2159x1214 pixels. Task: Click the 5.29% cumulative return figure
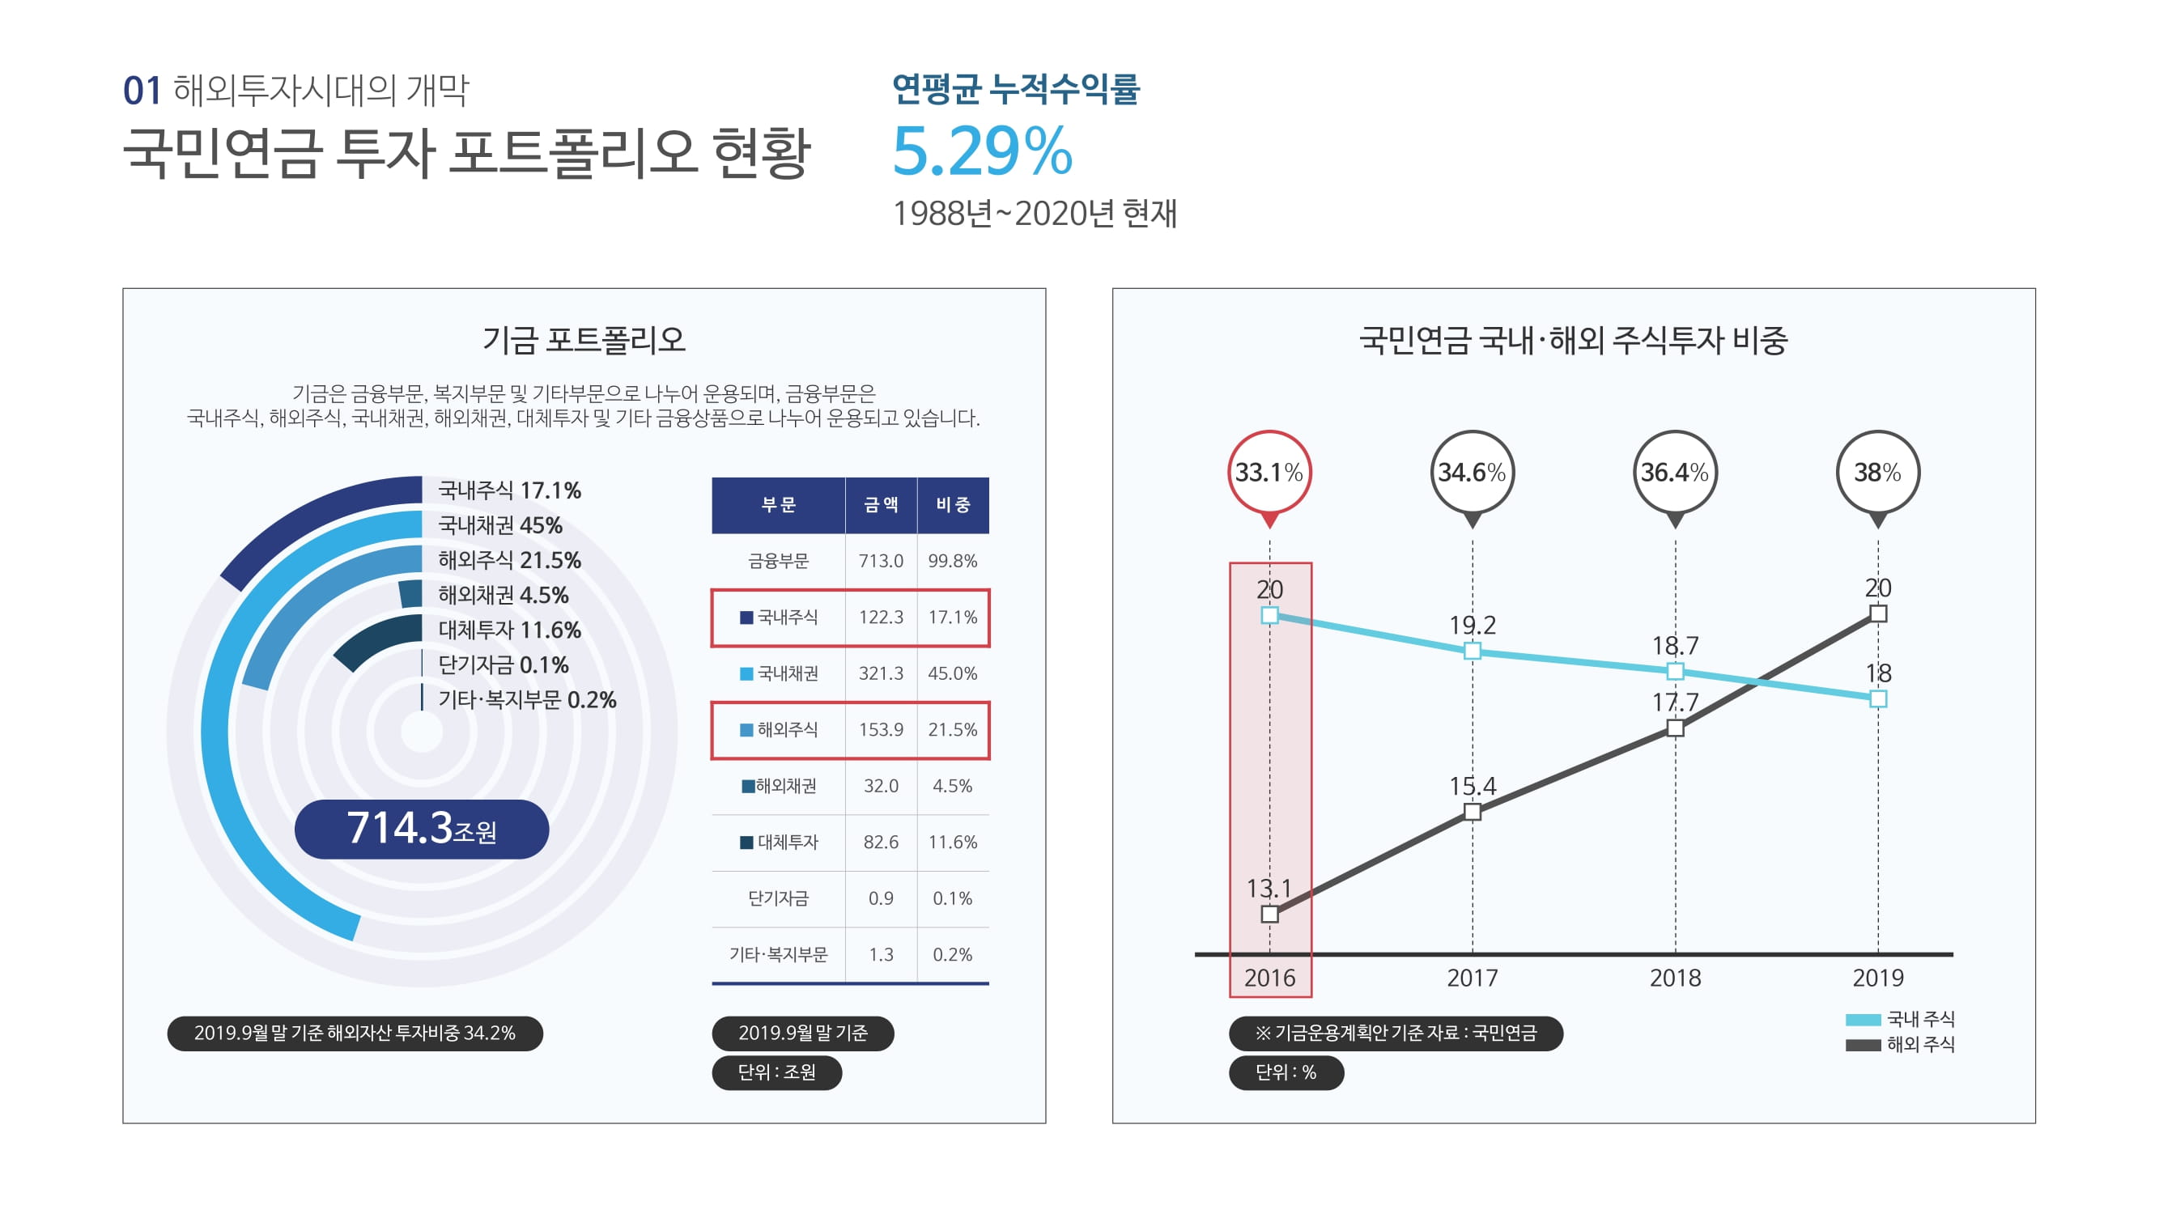click(x=981, y=151)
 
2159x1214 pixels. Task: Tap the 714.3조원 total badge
click(x=422, y=829)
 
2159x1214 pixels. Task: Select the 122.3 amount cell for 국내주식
click(x=880, y=618)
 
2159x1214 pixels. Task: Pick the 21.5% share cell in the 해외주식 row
click(x=952, y=730)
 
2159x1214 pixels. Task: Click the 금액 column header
click(x=880, y=504)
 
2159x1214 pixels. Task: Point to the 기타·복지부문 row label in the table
click(x=778, y=954)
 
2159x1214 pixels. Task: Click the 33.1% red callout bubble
click(x=1269, y=473)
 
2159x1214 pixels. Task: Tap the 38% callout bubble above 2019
click(x=1877, y=473)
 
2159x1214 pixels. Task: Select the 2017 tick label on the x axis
click(x=1472, y=978)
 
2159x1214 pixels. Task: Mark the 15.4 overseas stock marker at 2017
click(x=1473, y=812)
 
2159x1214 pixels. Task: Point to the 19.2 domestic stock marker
click(x=1473, y=651)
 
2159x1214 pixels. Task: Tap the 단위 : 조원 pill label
click(x=776, y=1072)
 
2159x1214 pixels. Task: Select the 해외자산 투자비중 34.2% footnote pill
click(x=355, y=1033)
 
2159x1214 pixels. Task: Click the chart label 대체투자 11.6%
click(x=508, y=630)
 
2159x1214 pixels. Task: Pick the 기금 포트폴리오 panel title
click(x=584, y=340)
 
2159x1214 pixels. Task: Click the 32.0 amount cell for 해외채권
click(x=880, y=786)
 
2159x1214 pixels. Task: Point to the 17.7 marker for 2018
click(x=1676, y=728)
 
